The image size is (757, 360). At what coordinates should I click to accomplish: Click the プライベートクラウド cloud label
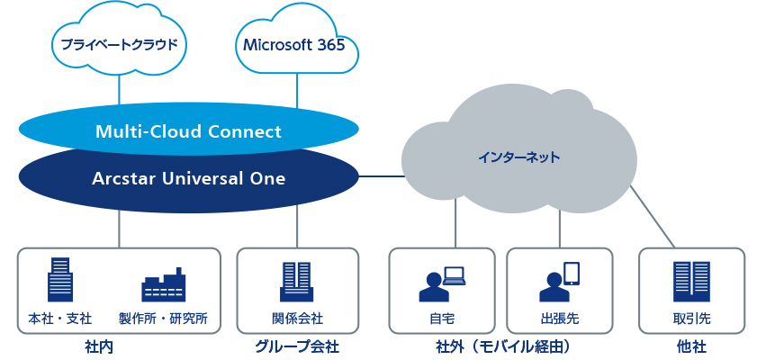click(x=119, y=45)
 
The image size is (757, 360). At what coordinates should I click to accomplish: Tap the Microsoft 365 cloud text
click(x=294, y=45)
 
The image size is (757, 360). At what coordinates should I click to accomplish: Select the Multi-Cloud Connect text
click(x=188, y=131)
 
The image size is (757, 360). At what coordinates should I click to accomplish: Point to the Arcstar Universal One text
click(x=188, y=178)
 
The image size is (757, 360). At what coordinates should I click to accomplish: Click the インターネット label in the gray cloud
click(x=519, y=157)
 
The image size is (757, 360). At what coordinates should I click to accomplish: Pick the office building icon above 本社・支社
click(x=59, y=279)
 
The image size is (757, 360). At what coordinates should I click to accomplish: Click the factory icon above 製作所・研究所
click(x=164, y=284)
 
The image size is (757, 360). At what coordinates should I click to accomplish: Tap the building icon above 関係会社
click(x=297, y=282)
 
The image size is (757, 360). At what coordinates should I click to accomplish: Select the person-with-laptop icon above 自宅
click(x=442, y=283)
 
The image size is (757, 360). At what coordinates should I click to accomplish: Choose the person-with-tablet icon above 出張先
click(x=559, y=282)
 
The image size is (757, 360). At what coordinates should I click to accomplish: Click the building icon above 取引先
click(x=691, y=282)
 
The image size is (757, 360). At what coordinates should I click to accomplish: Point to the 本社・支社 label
click(x=60, y=319)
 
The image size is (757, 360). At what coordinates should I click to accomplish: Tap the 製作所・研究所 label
click(x=164, y=319)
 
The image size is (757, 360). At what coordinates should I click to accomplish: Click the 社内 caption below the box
click(x=99, y=346)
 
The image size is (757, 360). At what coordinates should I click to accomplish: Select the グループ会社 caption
click(x=297, y=346)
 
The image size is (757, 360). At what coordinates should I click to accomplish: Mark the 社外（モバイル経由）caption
click(x=502, y=346)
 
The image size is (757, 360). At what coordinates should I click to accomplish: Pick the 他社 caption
click(x=691, y=346)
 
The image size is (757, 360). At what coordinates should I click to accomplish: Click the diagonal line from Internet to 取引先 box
click(x=653, y=216)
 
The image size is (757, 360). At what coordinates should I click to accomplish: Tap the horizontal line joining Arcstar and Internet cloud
click(x=382, y=176)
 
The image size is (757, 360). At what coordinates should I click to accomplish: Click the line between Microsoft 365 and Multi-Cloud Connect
click(x=297, y=90)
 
